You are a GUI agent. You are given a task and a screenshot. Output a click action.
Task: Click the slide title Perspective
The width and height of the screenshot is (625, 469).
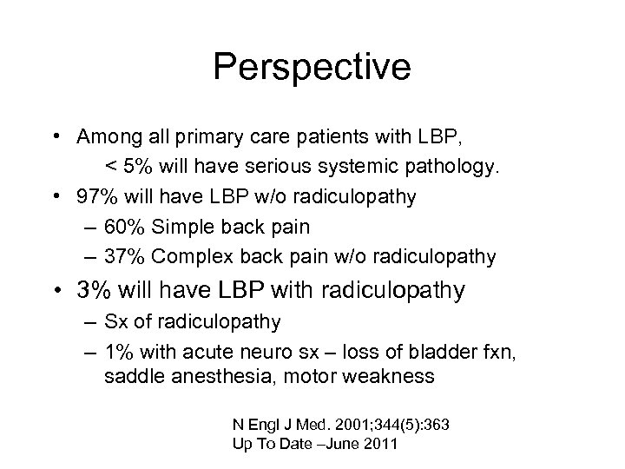pos(312,68)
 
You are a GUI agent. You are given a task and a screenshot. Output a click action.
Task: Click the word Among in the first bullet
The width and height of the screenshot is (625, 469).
pos(103,137)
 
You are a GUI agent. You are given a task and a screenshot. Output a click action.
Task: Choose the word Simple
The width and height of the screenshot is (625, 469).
pos(178,227)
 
